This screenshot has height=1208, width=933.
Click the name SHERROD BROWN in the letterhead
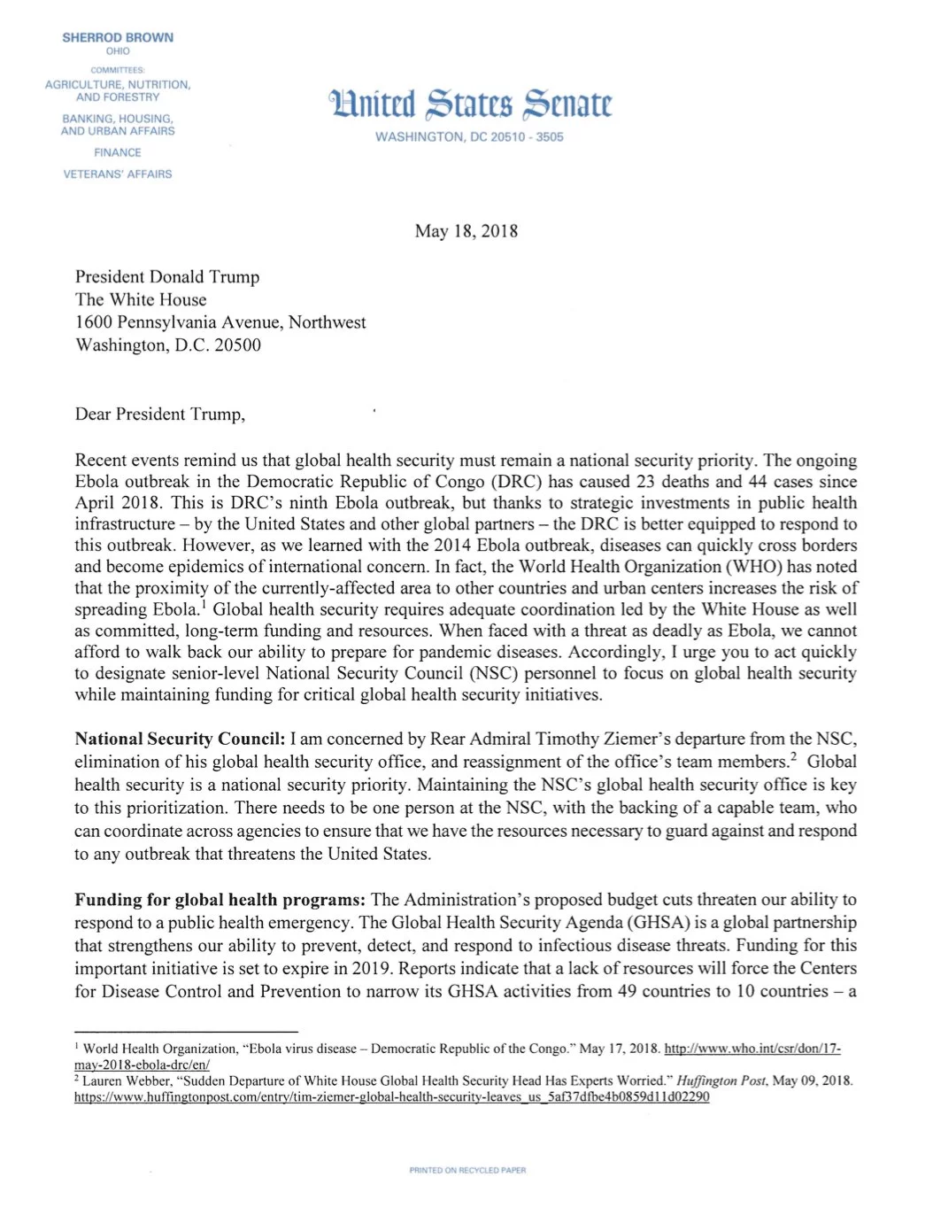point(118,37)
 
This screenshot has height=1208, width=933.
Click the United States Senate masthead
point(470,105)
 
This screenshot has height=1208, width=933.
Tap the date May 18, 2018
point(466,231)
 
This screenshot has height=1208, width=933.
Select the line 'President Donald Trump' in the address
point(167,276)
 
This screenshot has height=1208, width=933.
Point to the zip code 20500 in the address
point(238,345)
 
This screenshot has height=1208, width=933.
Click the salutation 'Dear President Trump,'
point(160,414)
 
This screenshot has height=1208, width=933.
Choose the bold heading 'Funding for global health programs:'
point(220,900)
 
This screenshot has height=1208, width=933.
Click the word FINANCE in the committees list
point(118,152)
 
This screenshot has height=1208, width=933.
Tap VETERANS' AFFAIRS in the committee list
point(118,174)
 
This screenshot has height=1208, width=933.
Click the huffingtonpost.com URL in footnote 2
point(391,1096)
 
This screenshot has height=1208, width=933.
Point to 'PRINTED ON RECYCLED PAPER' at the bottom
point(467,1170)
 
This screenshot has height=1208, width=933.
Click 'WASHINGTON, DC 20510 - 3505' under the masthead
point(469,137)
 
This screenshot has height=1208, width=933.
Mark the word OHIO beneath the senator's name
point(118,51)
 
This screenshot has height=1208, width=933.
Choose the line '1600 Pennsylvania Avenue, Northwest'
point(220,322)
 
